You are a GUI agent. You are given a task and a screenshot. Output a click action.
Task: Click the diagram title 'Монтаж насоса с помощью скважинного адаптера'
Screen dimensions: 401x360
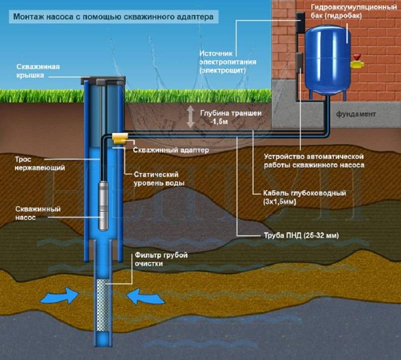(113, 17)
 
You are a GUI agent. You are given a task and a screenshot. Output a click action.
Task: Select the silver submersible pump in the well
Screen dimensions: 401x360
(104, 206)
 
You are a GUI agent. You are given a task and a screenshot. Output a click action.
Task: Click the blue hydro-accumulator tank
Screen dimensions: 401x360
(328, 60)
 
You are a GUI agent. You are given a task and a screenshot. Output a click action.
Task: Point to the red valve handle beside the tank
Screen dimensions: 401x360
(357, 57)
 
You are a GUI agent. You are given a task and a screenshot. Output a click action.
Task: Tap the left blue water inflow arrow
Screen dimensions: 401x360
(59, 295)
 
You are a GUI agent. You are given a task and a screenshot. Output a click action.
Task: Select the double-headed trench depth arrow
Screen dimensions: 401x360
(190, 117)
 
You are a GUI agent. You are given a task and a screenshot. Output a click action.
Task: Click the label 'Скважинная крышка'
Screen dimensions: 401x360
(38, 71)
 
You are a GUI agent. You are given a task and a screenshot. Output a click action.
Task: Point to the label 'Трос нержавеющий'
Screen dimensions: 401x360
(40, 163)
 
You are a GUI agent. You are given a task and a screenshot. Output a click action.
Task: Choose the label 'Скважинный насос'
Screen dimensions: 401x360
(38, 213)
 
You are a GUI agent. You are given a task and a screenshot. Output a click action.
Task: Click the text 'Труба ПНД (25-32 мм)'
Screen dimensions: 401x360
(301, 235)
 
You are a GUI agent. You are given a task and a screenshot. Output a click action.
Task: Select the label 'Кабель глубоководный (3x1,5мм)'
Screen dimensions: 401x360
(305, 197)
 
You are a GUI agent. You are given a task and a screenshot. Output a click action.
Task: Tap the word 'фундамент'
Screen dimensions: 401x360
(356, 114)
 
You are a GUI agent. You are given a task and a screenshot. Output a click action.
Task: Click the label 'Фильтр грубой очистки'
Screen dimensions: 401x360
(161, 259)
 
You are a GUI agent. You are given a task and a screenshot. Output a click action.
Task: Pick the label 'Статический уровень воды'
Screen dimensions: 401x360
(159, 178)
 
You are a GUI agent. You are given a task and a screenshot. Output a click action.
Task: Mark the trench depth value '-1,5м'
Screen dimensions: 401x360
(219, 122)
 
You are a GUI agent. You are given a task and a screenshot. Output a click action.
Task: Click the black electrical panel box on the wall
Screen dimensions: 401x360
(300, 23)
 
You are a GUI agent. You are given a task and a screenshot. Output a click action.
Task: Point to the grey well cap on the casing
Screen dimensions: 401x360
(103, 80)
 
